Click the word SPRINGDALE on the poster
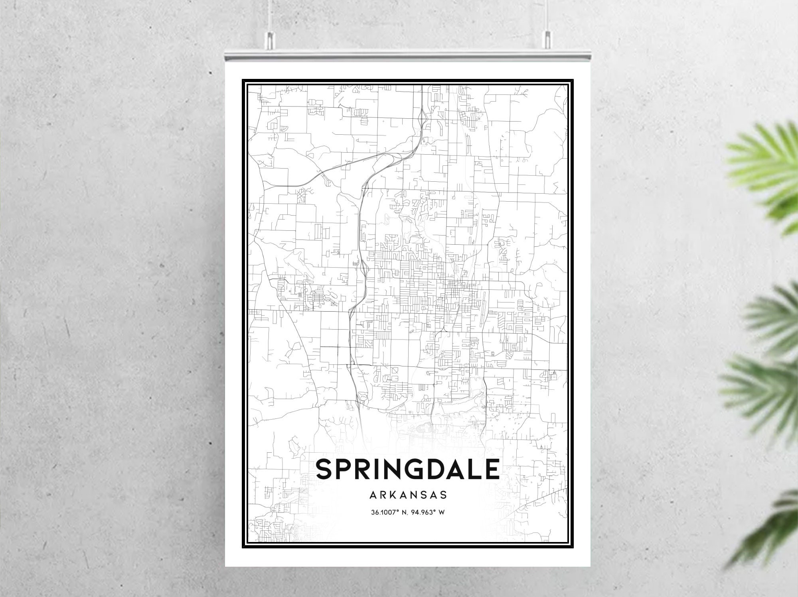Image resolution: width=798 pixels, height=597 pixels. pos(407,469)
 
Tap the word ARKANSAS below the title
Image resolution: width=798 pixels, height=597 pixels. pos(408,495)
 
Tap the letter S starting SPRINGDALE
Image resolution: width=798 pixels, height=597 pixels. pos(326,469)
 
